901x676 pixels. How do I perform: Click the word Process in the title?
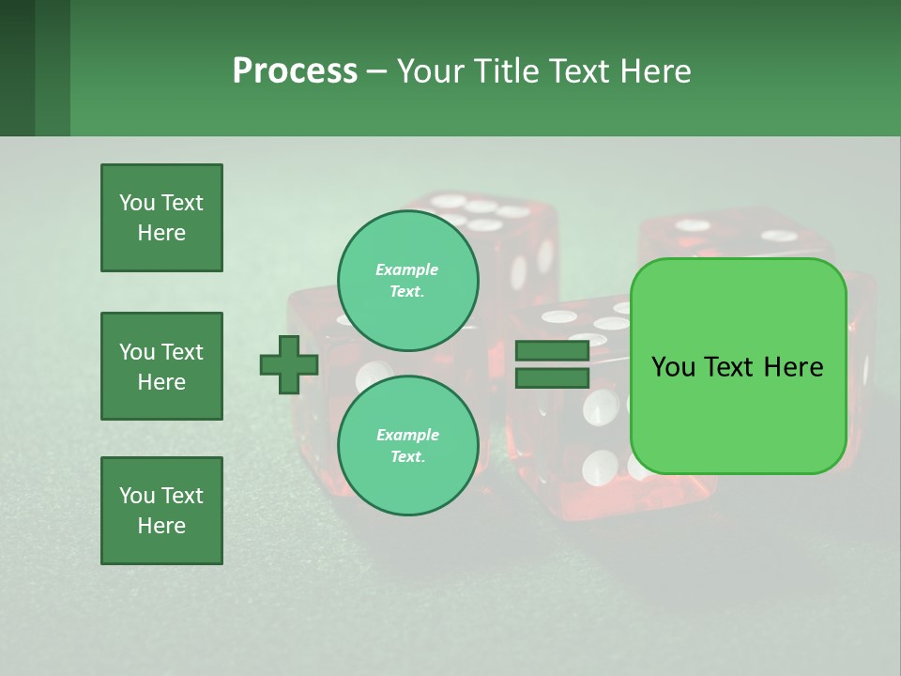click(x=295, y=71)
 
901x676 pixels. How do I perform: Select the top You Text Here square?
click(x=161, y=218)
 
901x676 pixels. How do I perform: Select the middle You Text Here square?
click(x=161, y=366)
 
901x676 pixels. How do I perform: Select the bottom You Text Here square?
click(x=161, y=510)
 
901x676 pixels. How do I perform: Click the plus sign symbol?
click(x=289, y=365)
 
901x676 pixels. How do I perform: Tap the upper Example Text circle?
click(x=407, y=281)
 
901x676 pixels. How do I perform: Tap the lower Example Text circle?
click(x=407, y=446)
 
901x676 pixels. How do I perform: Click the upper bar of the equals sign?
click(x=552, y=351)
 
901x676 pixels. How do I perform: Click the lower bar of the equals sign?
click(x=552, y=378)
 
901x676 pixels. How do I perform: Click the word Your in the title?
click(x=430, y=71)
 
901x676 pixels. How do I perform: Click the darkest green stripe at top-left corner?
click(x=17, y=68)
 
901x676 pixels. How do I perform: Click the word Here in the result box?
click(x=793, y=367)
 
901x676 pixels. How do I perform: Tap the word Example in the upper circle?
click(x=406, y=269)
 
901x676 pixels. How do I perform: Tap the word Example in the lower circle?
click(x=407, y=435)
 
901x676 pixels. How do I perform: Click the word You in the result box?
click(x=674, y=367)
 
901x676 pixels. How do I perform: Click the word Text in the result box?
click(x=731, y=367)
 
